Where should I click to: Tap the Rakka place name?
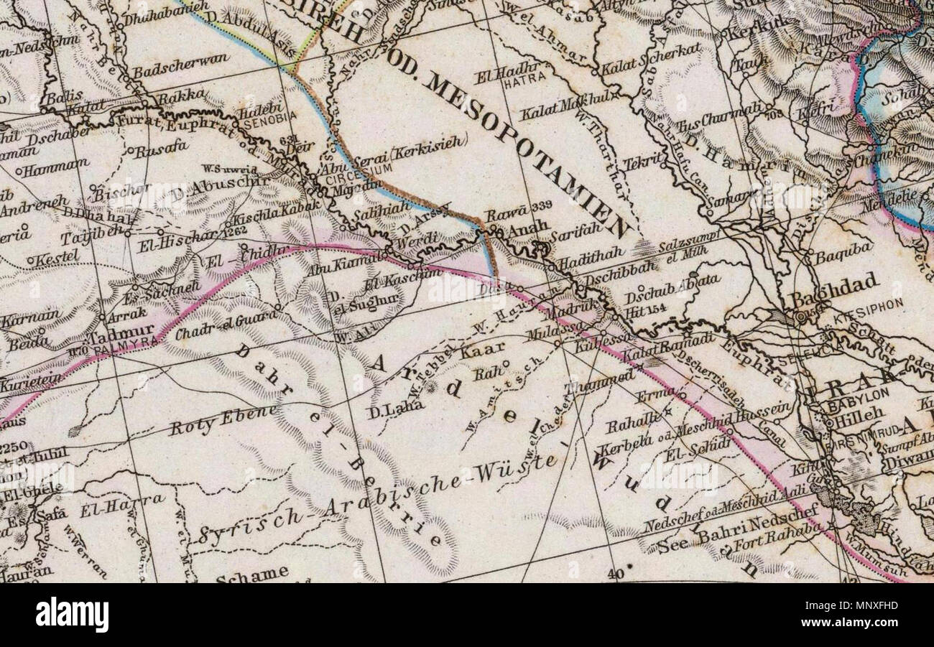click(x=181, y=97)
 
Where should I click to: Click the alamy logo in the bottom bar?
click(x=72, y=615)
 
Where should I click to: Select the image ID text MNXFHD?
click(x=868, y=605)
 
